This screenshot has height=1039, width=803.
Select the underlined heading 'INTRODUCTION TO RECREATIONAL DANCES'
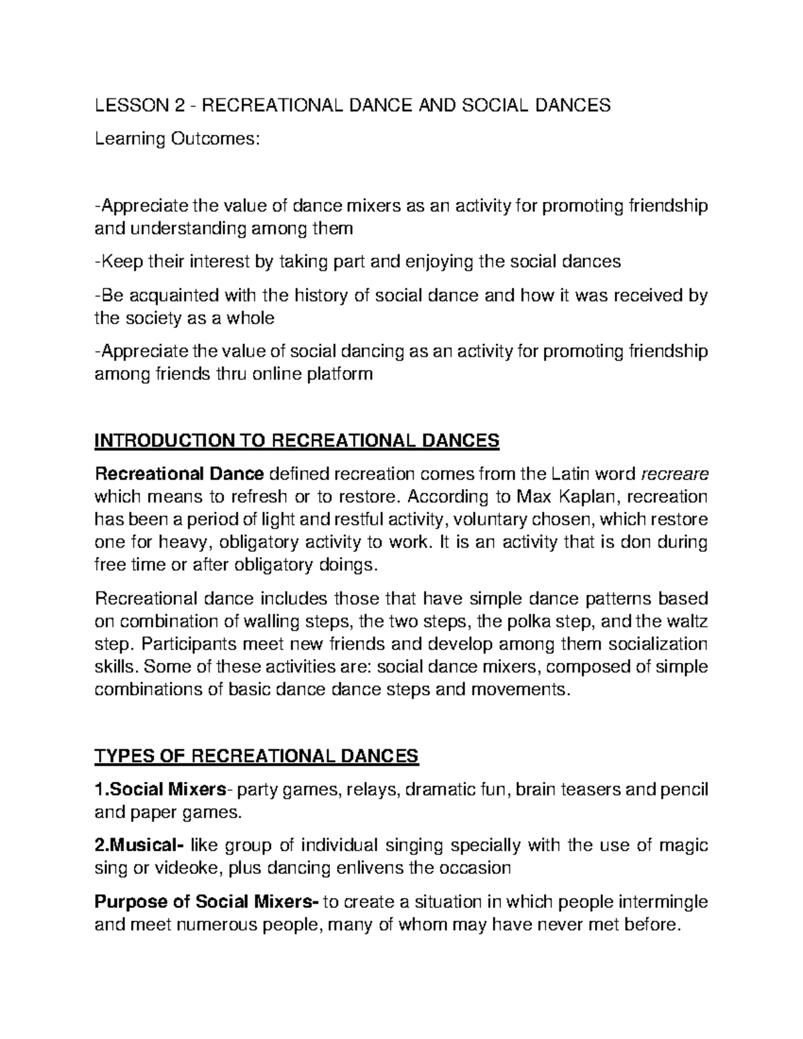point(297,441)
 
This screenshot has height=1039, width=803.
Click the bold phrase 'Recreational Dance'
point(179,474)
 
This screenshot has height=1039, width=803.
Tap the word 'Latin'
point(575,474)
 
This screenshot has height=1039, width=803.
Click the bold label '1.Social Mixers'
point(161,789)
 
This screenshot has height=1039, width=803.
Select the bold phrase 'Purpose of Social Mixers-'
point(207,902)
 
